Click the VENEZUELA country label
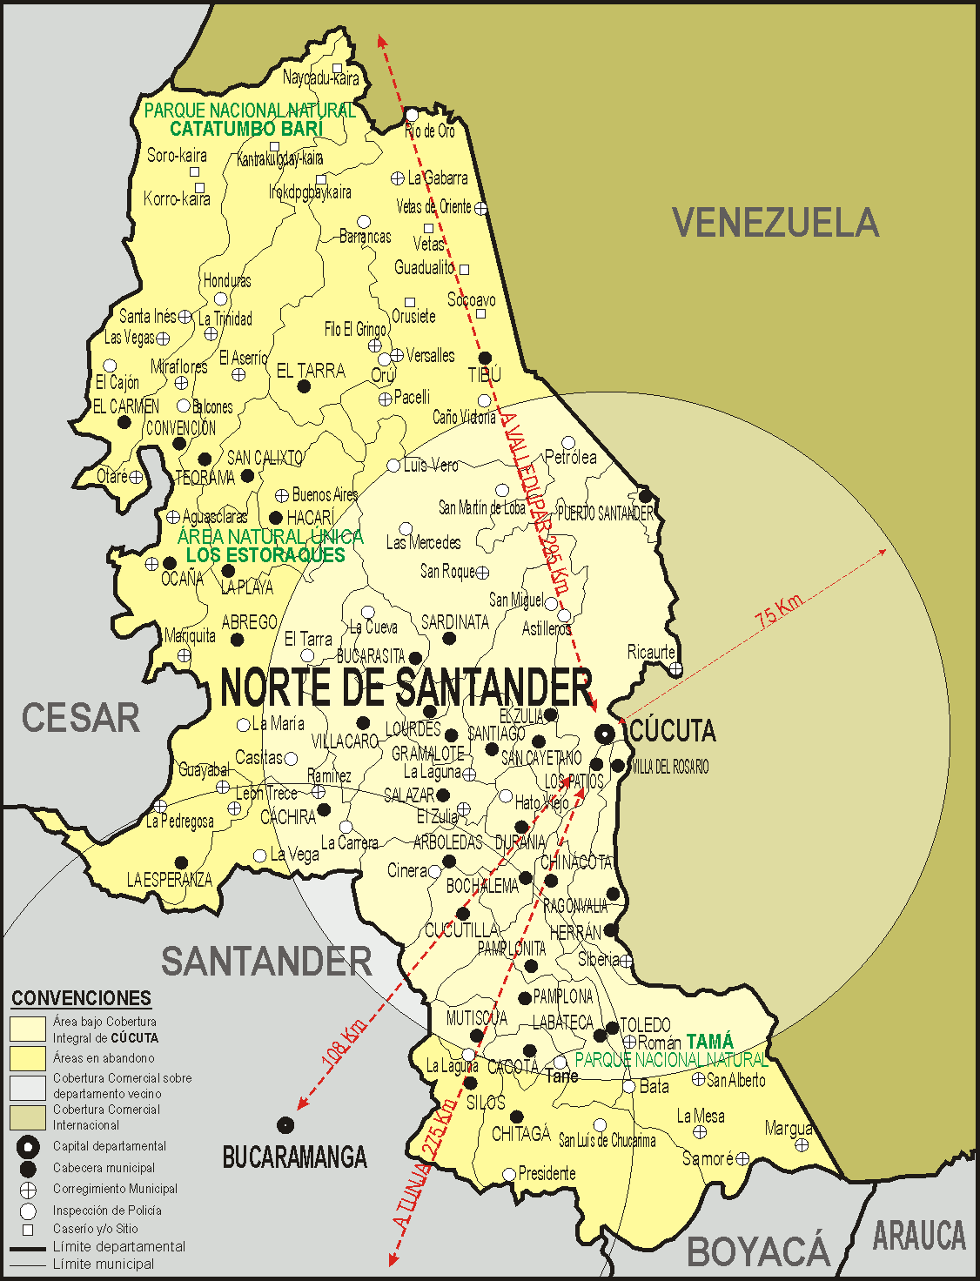tap(775, 223)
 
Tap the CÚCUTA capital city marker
tap(605, 734)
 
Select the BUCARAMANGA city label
tap(294, 1157)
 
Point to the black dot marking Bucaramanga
tap(285, 1125)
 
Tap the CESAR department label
tap(80, 718)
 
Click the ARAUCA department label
tap(919, 1236)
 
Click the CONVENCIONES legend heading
tap(81, 998)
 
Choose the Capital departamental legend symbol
tap(28, 1146)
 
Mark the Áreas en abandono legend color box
tap(28, 1058)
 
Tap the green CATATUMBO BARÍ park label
tap(246, 129)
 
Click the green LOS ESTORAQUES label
tap(265, 555)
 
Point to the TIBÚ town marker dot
tap(485, 358)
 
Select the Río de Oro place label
tap(430, 131)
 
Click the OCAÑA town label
tap(182, 578)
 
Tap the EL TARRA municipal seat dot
tap(304, 386)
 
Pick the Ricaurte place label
tap(651, 652)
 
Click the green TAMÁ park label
tap(709, 1042)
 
